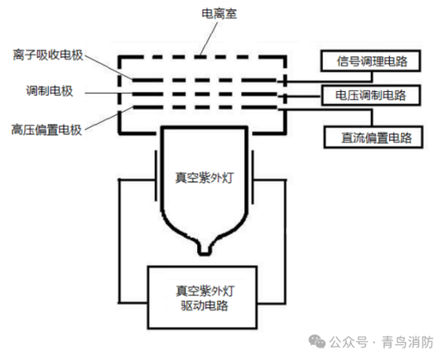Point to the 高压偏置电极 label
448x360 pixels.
point(46,129)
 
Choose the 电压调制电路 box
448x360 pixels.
point(369,94)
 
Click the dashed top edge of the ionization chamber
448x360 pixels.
point(203,56)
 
